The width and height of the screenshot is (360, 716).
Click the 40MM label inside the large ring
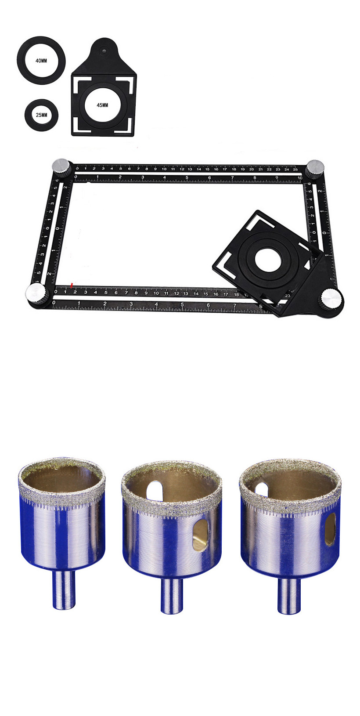click(41, 61)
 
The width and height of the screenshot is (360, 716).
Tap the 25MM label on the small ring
click(41, 115)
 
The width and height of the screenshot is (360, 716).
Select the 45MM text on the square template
click(103, 105)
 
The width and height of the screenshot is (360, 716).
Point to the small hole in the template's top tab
click(104, 50)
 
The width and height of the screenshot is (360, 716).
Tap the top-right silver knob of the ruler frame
click(314, 166)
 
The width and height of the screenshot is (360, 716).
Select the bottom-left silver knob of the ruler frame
click(36, 293)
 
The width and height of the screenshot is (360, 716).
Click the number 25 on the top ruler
click(295, 170)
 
